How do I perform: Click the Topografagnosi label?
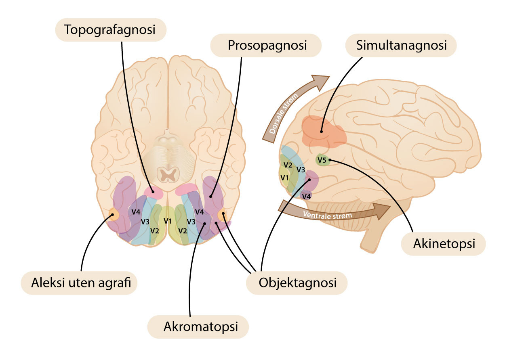110,29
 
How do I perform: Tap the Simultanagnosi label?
401,45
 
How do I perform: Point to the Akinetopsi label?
443,244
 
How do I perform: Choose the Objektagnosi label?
297,282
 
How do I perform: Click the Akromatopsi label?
198,327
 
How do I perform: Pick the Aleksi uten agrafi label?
79,283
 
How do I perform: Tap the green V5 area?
323,160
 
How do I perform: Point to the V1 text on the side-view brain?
285,177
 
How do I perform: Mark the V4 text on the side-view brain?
307,196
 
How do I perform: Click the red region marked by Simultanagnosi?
323,131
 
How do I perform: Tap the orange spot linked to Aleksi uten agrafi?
113,214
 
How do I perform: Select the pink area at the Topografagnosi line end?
154,193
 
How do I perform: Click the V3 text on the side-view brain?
301,170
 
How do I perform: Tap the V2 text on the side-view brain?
288,165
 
